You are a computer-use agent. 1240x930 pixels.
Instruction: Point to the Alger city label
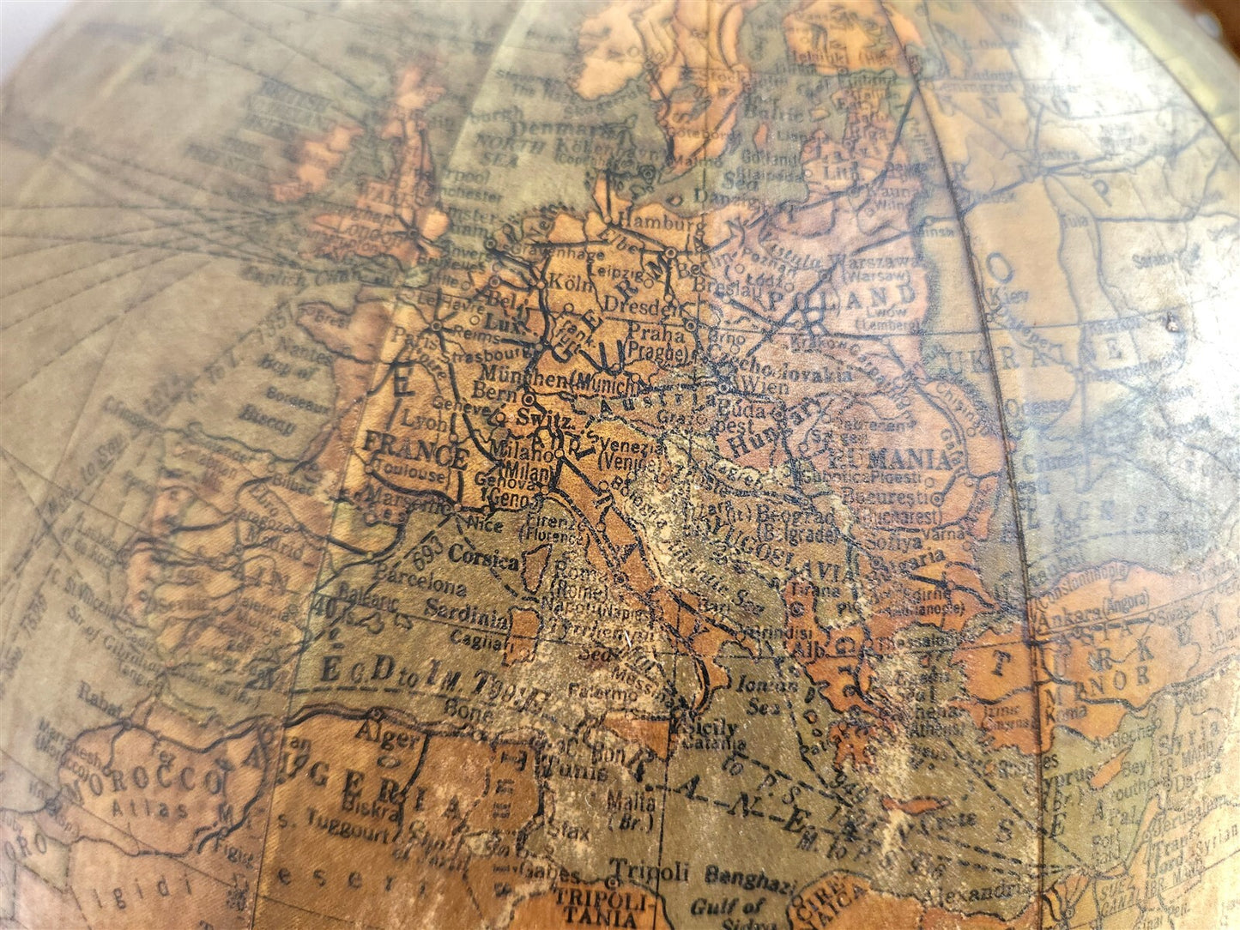390,736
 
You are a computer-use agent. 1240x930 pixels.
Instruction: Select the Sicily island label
712,728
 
